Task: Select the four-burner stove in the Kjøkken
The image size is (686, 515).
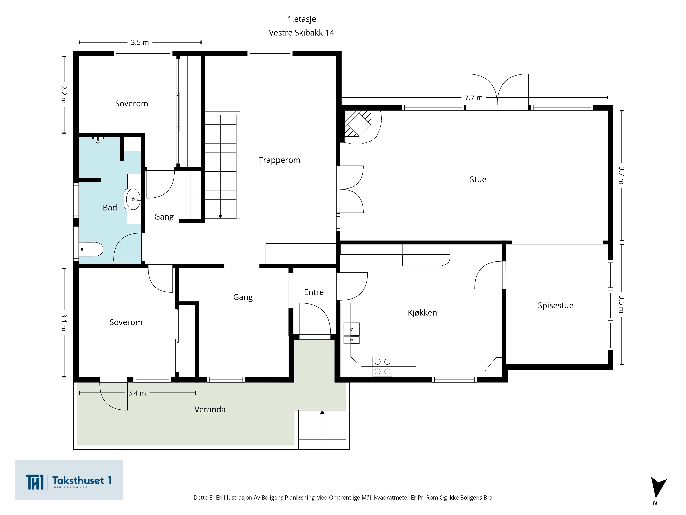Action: click(382, 367)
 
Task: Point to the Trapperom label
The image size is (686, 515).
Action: click(279, 160)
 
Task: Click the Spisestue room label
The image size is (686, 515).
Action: click(555, 305)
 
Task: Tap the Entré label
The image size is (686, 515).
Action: click(314, 292)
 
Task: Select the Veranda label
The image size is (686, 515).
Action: click(210, 409)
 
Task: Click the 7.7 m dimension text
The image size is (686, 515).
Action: click(474, 98)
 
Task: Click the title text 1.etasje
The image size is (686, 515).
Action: click(302, 19)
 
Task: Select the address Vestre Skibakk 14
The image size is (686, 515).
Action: click(301, 33)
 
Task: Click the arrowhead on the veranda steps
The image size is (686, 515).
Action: click(322, 412)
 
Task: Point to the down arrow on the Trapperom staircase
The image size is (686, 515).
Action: click(220, 216)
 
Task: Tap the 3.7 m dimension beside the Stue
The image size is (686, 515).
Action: click(621, 175)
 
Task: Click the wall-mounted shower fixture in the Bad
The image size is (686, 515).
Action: click(98, 140)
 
